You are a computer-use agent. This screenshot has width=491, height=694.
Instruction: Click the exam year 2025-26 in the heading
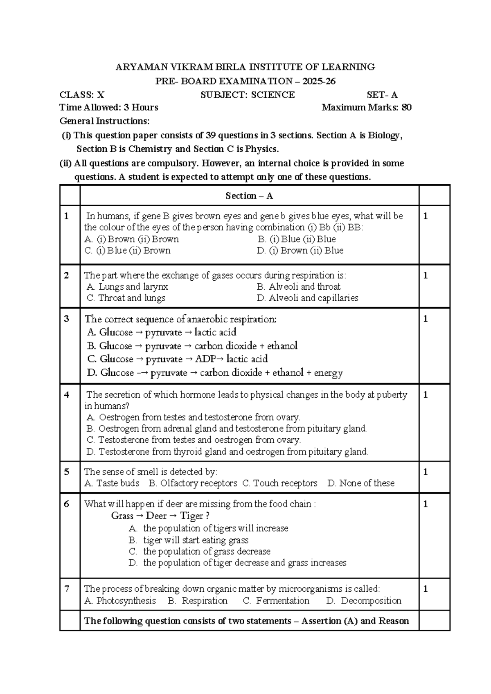pos(319,81)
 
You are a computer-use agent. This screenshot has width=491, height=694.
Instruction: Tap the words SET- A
pos(382,95)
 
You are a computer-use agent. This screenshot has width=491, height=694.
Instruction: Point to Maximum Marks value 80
pos(406,108)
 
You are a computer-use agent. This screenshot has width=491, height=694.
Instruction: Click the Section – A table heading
pos(249,196)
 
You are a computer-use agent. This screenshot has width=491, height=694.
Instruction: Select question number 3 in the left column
pos(67,319)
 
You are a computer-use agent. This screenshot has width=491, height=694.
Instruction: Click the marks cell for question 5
pos(426,472)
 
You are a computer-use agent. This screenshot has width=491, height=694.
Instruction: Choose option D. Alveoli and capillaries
pos(307,298)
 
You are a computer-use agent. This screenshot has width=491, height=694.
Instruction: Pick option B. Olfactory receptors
pos(193,483)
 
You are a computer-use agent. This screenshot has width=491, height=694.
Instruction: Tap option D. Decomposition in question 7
pos(364,601)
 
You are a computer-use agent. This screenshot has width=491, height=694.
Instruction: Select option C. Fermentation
pos(276,601)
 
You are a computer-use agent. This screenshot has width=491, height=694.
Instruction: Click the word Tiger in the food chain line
pos(191,516)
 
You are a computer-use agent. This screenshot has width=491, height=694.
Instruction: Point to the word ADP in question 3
pos(205,359)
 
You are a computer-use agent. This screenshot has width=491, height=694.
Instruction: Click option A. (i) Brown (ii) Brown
pos(131,239)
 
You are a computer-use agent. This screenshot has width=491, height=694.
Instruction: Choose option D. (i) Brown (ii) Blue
pos(300,250)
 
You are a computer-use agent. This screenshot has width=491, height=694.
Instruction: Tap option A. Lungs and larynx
pos(127,286)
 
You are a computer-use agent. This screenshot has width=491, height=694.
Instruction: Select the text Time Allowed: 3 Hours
pos(109,108)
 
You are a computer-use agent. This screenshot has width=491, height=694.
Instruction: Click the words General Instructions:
pos(105,121)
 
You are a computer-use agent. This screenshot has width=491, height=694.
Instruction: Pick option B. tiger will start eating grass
pos(189,540)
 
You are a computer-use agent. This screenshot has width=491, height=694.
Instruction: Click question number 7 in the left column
pos(67,589)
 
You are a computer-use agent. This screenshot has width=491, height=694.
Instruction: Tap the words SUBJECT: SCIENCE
pos(248,95)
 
